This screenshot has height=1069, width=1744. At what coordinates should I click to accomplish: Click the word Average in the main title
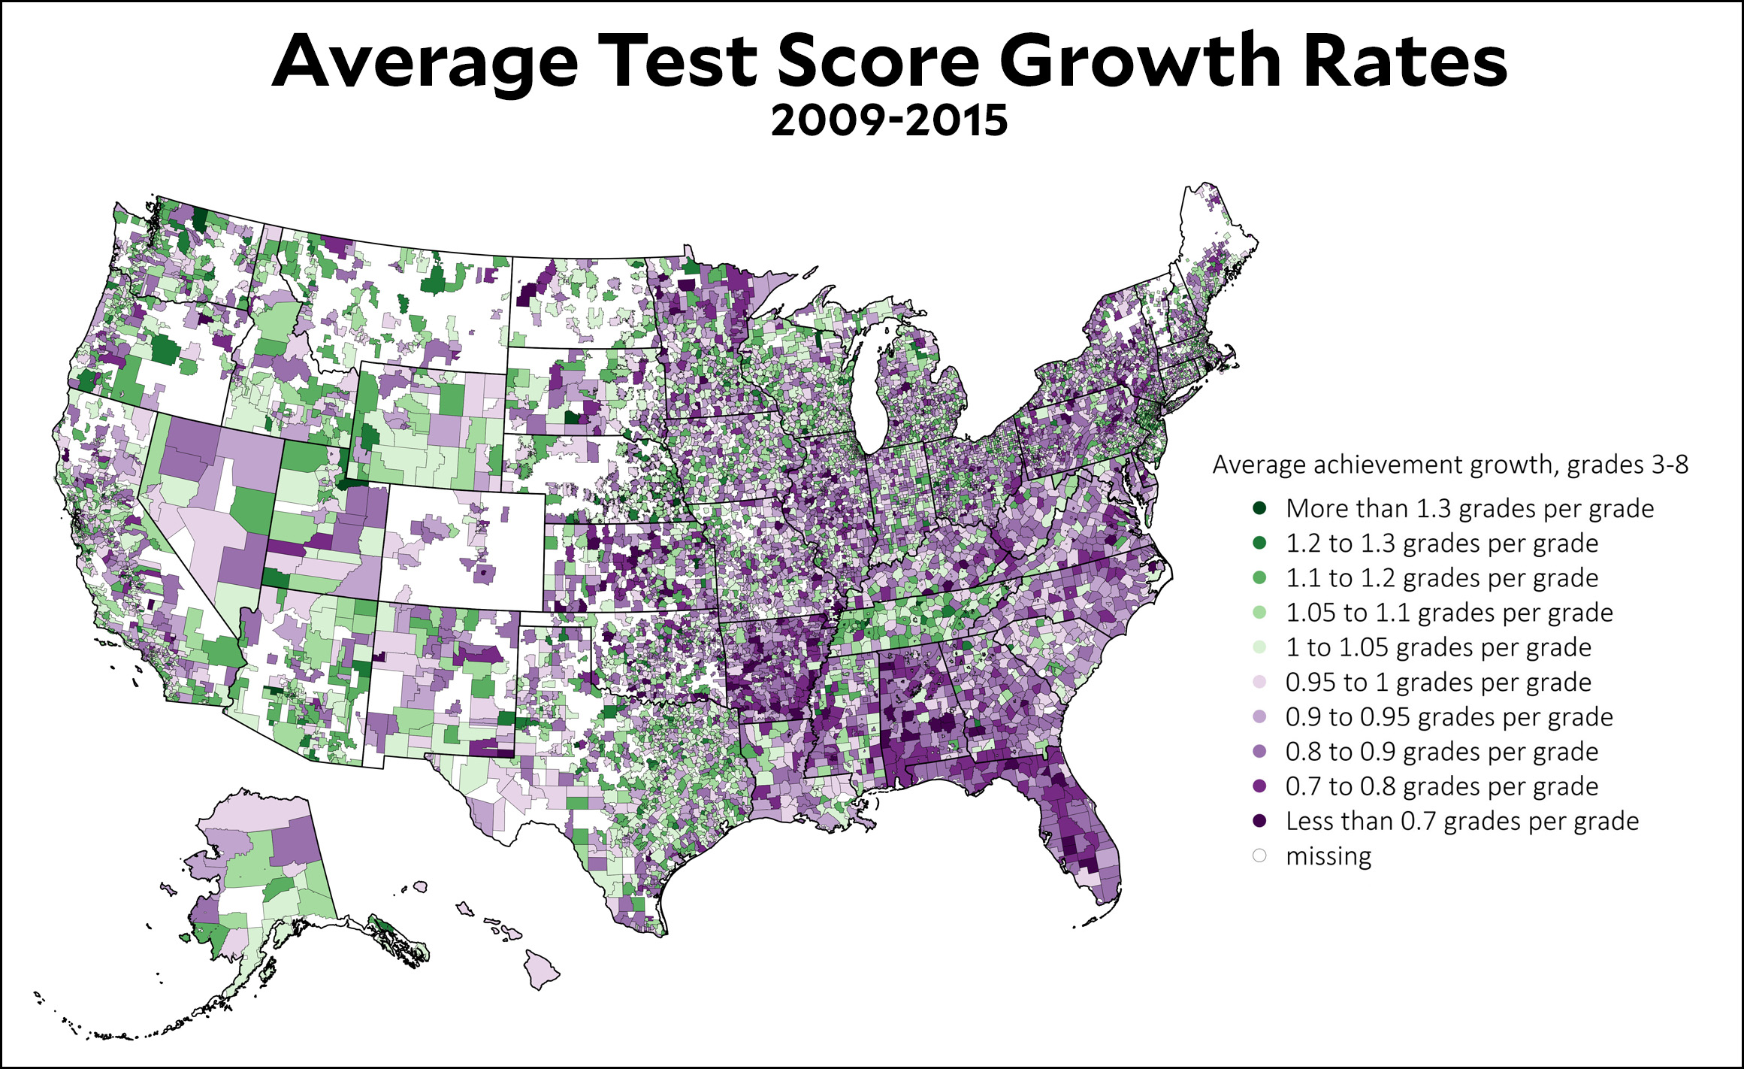click(425, 62)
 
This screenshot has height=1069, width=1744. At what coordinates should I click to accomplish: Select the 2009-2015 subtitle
click(889, 121)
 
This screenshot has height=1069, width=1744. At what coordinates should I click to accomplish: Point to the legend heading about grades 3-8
click(1450, 465)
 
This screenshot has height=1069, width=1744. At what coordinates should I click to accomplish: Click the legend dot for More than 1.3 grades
click(1260, 508)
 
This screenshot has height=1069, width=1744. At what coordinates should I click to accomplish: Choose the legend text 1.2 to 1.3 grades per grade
click(1442, 543)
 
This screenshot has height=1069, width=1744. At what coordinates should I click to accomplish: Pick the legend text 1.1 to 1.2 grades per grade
click(1442, 577)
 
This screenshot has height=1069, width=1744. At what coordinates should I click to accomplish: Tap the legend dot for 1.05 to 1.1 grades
click(1260, 612)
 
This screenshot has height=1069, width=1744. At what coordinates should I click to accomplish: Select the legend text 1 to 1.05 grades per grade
click(1438, 647)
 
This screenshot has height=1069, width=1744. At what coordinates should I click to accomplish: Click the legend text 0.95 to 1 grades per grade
click(1438, 682)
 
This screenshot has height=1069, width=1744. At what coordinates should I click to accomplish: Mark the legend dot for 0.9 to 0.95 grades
click(1260, 716)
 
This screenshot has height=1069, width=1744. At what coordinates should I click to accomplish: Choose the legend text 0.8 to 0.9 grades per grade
click(1442, 751)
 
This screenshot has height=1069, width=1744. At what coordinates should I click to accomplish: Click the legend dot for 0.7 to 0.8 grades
click(1260, 786)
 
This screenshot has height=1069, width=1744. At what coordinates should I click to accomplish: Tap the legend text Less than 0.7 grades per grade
click(1462, 821)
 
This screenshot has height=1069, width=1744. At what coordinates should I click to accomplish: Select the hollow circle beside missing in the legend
click(1260, 856)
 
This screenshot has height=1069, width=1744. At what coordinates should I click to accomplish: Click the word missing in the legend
click(1328, 856)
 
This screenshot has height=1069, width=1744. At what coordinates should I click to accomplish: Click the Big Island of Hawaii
click(543, 969)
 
